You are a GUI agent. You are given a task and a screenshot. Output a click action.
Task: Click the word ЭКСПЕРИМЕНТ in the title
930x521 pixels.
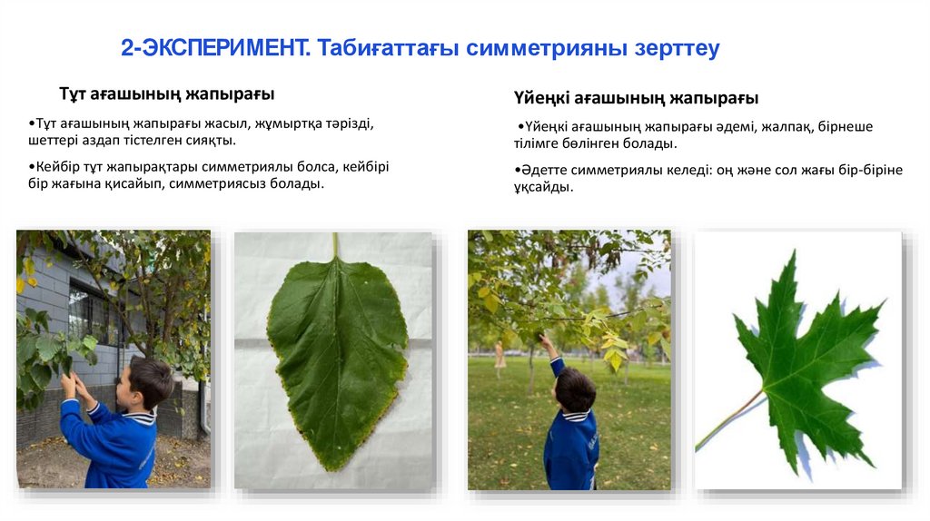point(221,48)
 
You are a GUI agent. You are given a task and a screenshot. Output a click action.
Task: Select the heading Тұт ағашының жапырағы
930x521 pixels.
point(167,94)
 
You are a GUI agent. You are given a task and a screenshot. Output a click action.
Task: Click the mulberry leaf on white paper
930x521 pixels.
point(336,363)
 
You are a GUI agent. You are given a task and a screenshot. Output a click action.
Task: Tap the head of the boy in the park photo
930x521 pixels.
point(574,388)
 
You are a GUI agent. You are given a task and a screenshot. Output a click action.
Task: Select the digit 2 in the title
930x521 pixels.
point(127,48)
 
